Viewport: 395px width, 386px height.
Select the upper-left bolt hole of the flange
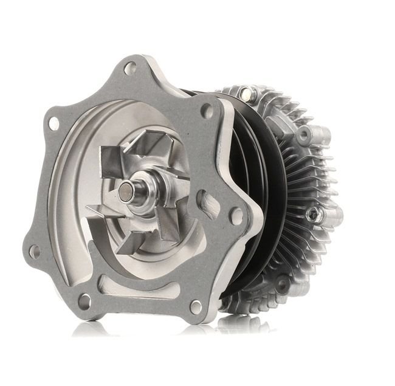click(x=53, y=123)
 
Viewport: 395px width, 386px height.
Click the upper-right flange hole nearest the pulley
click(x=207, y=111)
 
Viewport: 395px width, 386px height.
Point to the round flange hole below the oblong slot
click(x=235, y=215)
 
